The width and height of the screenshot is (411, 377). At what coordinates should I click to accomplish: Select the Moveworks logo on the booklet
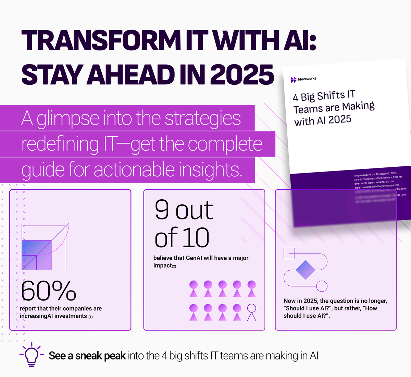(294, 80)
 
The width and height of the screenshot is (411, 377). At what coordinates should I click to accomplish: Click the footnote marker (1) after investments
(90, 317)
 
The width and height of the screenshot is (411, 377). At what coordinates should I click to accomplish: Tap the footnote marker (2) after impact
(174, 266)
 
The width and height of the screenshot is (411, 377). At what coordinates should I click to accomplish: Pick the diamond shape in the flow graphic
(305, 270)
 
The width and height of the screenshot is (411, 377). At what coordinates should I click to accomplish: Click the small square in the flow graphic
(289, 254)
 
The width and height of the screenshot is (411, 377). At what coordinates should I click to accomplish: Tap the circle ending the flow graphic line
(322, 286)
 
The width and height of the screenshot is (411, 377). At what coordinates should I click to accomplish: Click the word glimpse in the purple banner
(67, 118)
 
